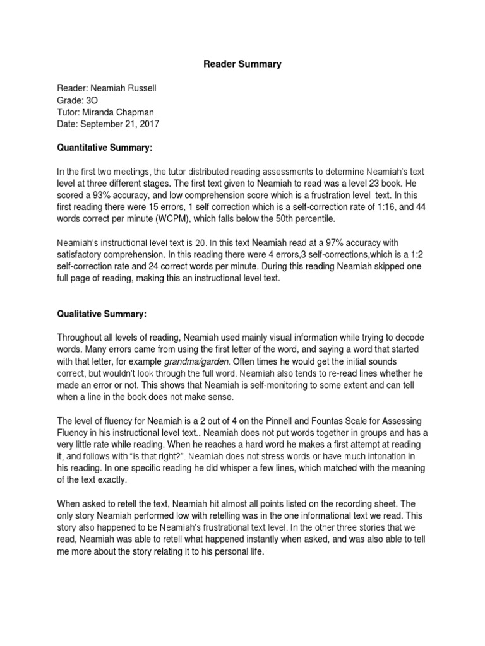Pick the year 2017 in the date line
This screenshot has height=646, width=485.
coord(148,124)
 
